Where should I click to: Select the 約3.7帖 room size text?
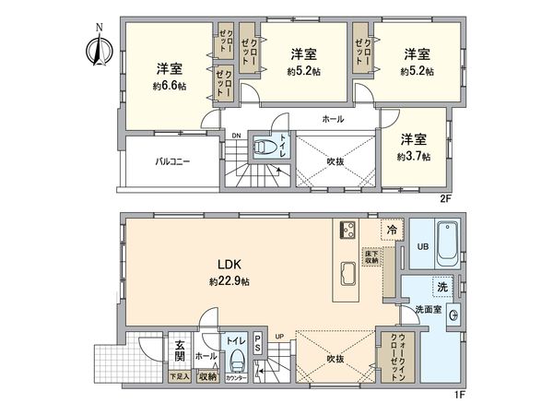coord(412,157)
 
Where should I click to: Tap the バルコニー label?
coord(171,161)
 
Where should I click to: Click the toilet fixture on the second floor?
coord(265,148)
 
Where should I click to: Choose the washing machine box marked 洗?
coord(443,287)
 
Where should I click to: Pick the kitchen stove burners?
coord(347,231)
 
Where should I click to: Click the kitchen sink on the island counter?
coord(348,274)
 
